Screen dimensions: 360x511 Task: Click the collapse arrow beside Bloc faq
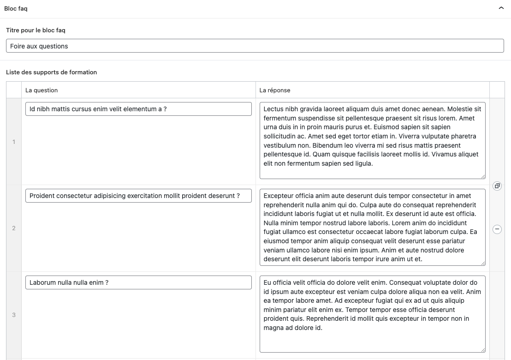point(501,8)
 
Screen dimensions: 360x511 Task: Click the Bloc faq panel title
point(16,9)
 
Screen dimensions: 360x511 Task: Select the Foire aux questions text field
point(255,46)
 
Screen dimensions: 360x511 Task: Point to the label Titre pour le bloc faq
point(36,30)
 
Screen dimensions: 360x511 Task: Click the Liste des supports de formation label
point(51,72)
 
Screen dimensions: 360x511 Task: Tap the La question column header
point(42,90)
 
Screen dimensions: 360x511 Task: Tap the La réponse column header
point(275,90)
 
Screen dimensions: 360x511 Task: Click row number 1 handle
point(14,142)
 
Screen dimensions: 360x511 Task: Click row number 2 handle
point(14,228)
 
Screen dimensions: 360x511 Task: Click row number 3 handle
point(14,315)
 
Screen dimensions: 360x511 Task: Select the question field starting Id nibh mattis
point(138,109)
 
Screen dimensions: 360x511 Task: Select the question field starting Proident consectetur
point(138,196)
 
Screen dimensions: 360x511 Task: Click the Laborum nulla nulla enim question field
point(138,282)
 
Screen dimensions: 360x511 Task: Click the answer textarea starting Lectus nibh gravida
point(372,140)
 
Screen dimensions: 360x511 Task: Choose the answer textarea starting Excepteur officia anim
point(372,227)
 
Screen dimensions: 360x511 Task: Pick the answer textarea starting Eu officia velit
point(372,314)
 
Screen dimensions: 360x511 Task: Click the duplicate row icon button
point(497,186)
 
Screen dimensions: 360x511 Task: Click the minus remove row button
point(497,229)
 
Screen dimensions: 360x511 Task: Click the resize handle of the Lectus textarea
point(483,176)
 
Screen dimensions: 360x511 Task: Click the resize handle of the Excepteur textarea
point(483,263)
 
